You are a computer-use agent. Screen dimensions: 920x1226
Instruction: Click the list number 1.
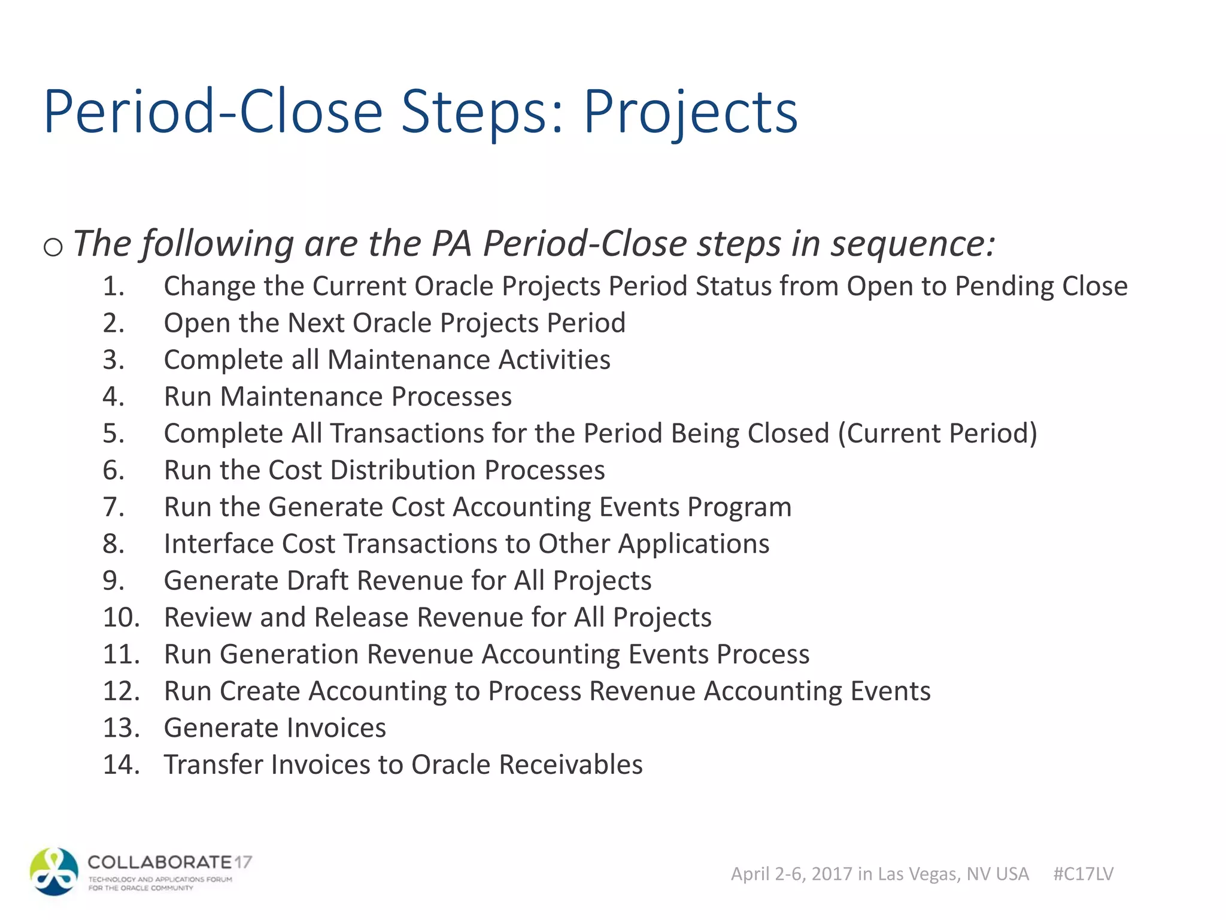coord(113,286)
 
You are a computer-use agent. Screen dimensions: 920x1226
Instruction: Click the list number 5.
coord(113,434)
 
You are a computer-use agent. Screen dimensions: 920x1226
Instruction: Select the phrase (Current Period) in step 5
coord(937,434)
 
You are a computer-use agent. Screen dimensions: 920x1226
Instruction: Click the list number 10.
coord(121,618)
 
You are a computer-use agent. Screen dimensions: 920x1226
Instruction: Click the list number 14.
coord(121,765)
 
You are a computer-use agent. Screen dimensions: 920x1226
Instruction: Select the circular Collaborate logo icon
coord(54,871)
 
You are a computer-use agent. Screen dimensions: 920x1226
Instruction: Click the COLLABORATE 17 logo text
coord(169,862)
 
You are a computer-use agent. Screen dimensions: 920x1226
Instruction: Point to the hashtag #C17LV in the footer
coord(1083,874)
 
